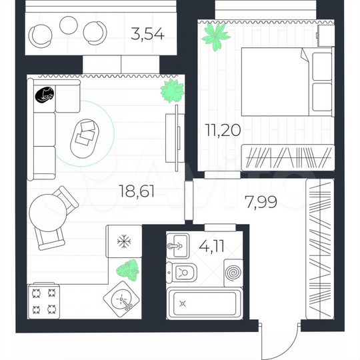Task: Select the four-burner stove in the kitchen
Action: pyautogui.click(x=45, y=301)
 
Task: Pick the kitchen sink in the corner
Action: pyautogui.click(x=121, y=301)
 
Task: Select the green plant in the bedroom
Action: pyautogui.click(x=215, y=35)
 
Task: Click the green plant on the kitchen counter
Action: pyautogui.click(x=126, y=270)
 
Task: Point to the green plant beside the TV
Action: pyautogui.click(x=171, y=91)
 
